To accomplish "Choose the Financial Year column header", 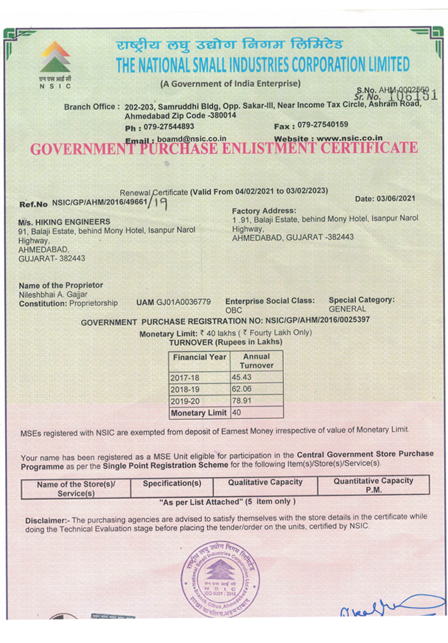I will click(200, 358).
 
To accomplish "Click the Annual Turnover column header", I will click(256, 361).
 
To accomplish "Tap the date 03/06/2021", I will click(399, 199).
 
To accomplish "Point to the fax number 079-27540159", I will click(323, 125).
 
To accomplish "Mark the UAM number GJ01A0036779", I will click(183, 302).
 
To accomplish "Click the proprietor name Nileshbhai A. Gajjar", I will click(53, 295).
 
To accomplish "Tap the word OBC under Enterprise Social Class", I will click(234, 310).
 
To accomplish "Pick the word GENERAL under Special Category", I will click(347, 309).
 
